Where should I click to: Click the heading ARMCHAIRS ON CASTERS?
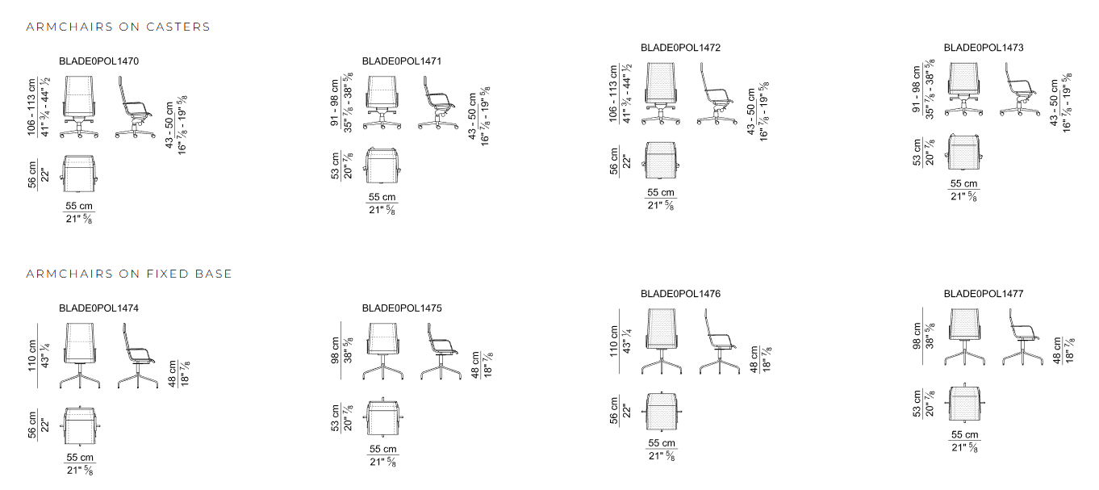[118, 27]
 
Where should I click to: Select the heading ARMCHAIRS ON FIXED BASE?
[129, 274]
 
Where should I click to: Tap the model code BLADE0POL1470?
[98, 61]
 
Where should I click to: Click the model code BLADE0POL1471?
[402, 61]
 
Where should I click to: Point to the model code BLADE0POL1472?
[680, 48]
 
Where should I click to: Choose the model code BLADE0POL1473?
[984, 48]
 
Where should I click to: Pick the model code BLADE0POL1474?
[98, 308]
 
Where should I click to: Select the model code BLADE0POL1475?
[402, 308]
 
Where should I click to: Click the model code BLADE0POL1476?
[680, 294]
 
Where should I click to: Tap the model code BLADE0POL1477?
[984, 294]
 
